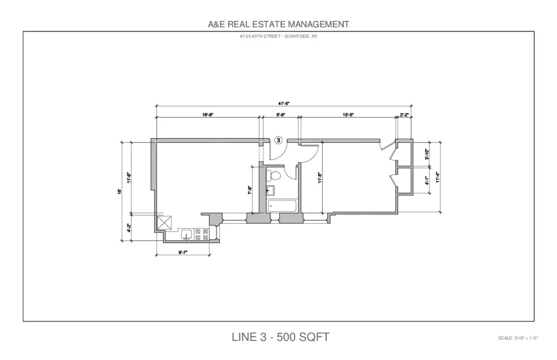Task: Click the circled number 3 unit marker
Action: [x=278, y=140]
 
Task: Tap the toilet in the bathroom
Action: [x=274, y=176]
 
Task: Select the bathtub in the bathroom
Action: [x=282, y=206]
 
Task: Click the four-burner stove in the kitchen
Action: [x=202, y=234]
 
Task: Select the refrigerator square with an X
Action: [x=165, y=223]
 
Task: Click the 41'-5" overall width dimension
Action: [x=284, y=104]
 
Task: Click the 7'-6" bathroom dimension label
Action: [x=249, y=190]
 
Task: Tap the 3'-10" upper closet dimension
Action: [x=427, y=154]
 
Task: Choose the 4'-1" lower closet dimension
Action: [x=427, y=180]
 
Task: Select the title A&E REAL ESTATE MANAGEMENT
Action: [x=278, y=24]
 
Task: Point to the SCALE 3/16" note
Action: [x=517, y=338]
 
